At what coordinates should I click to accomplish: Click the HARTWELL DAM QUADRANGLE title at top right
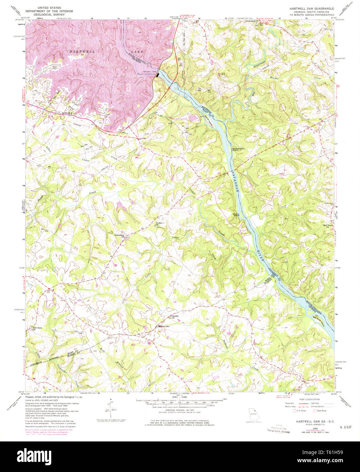tap(311, 8)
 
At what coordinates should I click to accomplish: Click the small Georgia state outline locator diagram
tap(253, 414)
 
